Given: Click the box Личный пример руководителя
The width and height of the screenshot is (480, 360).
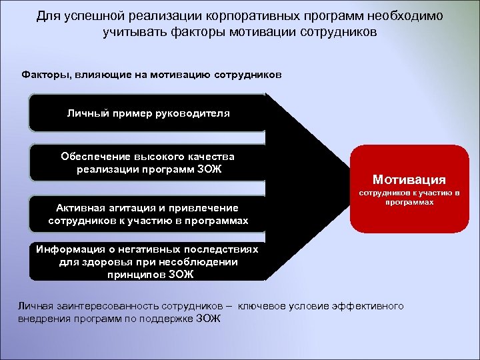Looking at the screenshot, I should [x=148, y=113].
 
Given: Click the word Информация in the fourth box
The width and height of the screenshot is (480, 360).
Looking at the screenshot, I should [x=68, y=249].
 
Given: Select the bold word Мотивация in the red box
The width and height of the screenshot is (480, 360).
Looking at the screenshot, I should [x=409, y=179].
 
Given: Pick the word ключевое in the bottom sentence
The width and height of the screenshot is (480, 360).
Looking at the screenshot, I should [x=261, y=306].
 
